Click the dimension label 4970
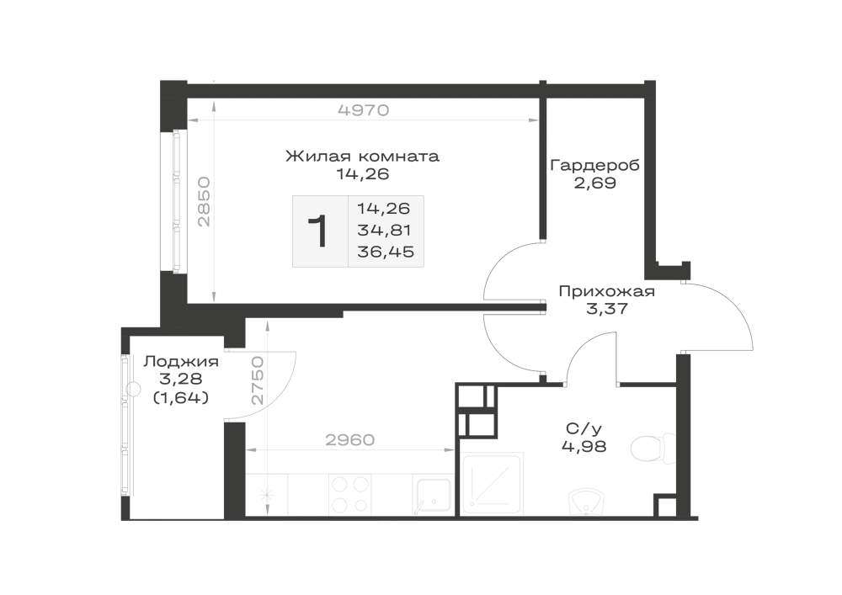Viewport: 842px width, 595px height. [x=363, y=110]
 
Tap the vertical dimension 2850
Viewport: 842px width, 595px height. [x=204, y=201]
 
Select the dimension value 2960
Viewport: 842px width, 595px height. [x=349, y=440]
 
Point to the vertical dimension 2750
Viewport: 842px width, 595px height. [x=258, y=380]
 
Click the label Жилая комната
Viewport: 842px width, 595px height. [x=362, y=157]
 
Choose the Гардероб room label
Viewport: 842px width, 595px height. [x=595, y=165]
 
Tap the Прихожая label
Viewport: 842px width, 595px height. [x=607, y=291]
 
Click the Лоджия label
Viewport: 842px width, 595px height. [x=181, y=362]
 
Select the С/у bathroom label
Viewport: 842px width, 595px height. [x=584, y=428]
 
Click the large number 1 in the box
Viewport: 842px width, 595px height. [x=320, y=231]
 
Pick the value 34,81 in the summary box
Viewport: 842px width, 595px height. [x=384, y=230]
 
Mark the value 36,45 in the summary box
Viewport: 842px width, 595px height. [x=386, y=252]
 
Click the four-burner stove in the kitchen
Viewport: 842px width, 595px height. [x=349, y=495]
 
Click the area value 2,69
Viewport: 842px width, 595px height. [x=595, y=183]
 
